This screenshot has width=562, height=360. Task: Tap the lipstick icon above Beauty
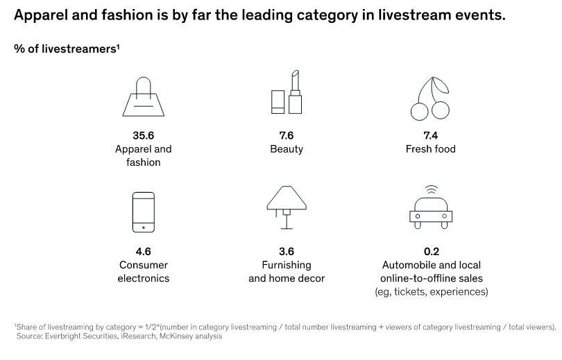tap(295, 92)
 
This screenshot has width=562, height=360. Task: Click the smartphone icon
tap(144, 212)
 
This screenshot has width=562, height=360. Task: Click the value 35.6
tap(144, 135)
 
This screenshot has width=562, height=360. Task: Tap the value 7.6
tap(287, 135)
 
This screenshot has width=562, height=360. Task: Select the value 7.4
tap(430, 135)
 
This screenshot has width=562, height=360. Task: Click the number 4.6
tap(144, 252)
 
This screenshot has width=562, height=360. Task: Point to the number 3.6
tap(287, 252)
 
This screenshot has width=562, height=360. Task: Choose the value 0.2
tap(431, 252)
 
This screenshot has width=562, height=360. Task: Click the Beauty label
tap(287, 149)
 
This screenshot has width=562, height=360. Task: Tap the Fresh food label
tap(430, 149)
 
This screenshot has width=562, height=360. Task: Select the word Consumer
tap(144, 265)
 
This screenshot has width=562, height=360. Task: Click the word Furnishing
tap(287, 266)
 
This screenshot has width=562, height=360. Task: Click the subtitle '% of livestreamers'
tap(67, 49)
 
